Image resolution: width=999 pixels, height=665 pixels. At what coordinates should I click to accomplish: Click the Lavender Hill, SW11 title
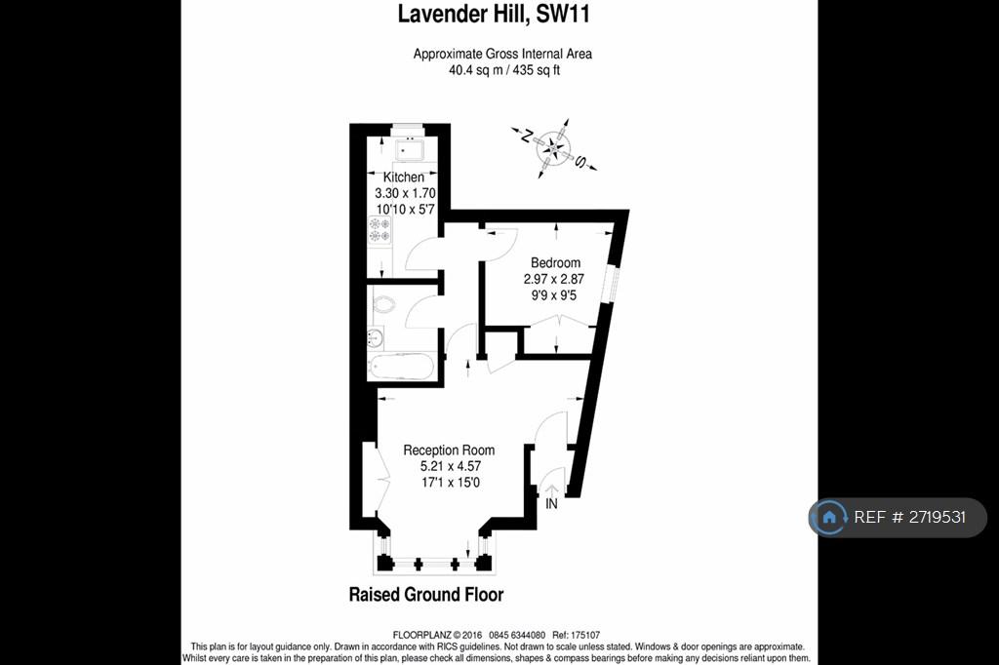[x=494, y=14]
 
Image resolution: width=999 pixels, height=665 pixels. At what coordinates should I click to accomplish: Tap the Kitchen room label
[x=403, y=177]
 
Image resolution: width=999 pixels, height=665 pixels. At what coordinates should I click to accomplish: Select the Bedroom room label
[x=555, y=262]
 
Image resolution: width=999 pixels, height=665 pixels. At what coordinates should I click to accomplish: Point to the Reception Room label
[x=449, y=450]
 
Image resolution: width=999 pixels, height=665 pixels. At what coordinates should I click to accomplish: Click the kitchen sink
[x=409, y=150]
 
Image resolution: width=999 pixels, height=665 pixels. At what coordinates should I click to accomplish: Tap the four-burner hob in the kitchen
[x=380, y=230]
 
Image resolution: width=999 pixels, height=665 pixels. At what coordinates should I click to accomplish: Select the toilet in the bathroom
[x=381, y=304]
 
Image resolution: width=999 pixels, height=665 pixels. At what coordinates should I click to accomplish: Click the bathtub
[x=401, y=368]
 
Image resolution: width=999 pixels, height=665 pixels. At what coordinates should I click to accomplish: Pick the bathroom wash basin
[x=376, y=337]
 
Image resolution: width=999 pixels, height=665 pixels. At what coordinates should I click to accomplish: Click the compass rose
[x=554, y=148]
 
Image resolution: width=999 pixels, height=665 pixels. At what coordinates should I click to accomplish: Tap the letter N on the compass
[x=527, y=136]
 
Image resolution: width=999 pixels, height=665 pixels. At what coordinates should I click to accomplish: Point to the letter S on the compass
[x=580, y=162]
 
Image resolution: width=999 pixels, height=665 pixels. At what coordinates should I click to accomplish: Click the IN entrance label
[x=552, y=504]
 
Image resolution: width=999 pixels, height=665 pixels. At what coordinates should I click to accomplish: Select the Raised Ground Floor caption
[x=426, y=595]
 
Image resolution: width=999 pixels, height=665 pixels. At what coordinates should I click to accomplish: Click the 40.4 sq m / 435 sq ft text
[x=504, y=70]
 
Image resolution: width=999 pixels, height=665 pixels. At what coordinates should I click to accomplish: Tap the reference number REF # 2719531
[x=910, y=517]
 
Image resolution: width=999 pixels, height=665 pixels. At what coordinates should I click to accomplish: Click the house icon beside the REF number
[x=829, y=517]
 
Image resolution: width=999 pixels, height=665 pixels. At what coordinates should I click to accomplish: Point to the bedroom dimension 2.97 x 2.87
[x=554, y=279]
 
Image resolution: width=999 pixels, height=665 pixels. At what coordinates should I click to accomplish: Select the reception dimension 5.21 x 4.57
[x=451, y=466]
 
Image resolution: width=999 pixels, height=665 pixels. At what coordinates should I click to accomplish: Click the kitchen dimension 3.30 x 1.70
[x=405, y=193]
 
